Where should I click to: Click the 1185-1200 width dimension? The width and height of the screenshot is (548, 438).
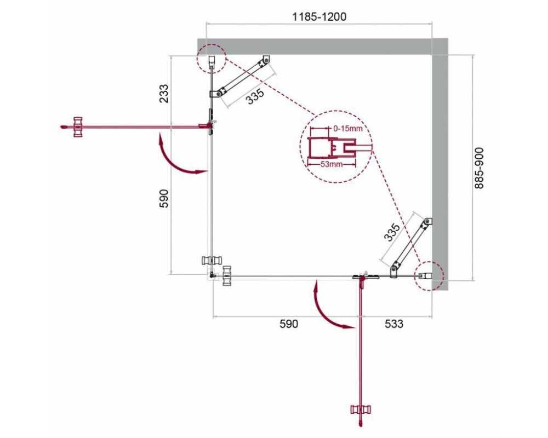(x=319, y=16)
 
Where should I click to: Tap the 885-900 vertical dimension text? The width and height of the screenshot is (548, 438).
(x=479, y=168)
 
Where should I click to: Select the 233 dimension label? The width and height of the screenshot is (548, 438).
(x=163, y=94)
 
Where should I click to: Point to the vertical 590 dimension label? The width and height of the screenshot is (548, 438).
(x=163, y=198)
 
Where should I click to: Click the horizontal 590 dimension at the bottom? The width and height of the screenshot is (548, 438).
(x=289, y=324)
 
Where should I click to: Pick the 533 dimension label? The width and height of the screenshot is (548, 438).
(x=394, y=324)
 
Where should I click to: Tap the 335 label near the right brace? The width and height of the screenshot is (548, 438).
(x=392, y=232)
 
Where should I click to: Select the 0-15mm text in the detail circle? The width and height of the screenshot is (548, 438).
(x=348, y=129)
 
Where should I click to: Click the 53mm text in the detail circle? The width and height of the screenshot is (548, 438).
(x=332, y=164)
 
